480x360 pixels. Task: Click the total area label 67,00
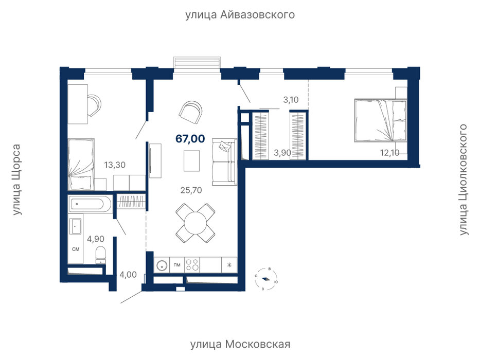pos(190,139)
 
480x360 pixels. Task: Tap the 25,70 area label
pos(191,190)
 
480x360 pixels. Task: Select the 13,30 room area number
pos(115,165)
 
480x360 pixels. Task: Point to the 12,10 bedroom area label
pos(389,152)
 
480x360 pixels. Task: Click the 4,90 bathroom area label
pos(96,239)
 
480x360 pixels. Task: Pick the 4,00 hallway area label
pos(128,275)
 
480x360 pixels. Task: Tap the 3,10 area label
pos(291,100)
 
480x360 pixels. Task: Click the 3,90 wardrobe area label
pos(282,152)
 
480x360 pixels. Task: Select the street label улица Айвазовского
pos(240,15)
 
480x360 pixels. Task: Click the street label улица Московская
pos(240,344)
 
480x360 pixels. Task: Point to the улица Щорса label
pos(16,179)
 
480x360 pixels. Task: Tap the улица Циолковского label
pos(464,179)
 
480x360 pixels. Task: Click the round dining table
pos(195,223)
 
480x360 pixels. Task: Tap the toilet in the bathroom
pos(100,255)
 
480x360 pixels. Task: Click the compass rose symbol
pos(265,279)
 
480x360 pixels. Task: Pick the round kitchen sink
pos(162,265)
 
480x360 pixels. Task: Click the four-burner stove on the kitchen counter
pos(192,265)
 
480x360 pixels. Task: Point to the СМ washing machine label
pos(76,249)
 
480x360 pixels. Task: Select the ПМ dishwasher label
pos(177,265)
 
